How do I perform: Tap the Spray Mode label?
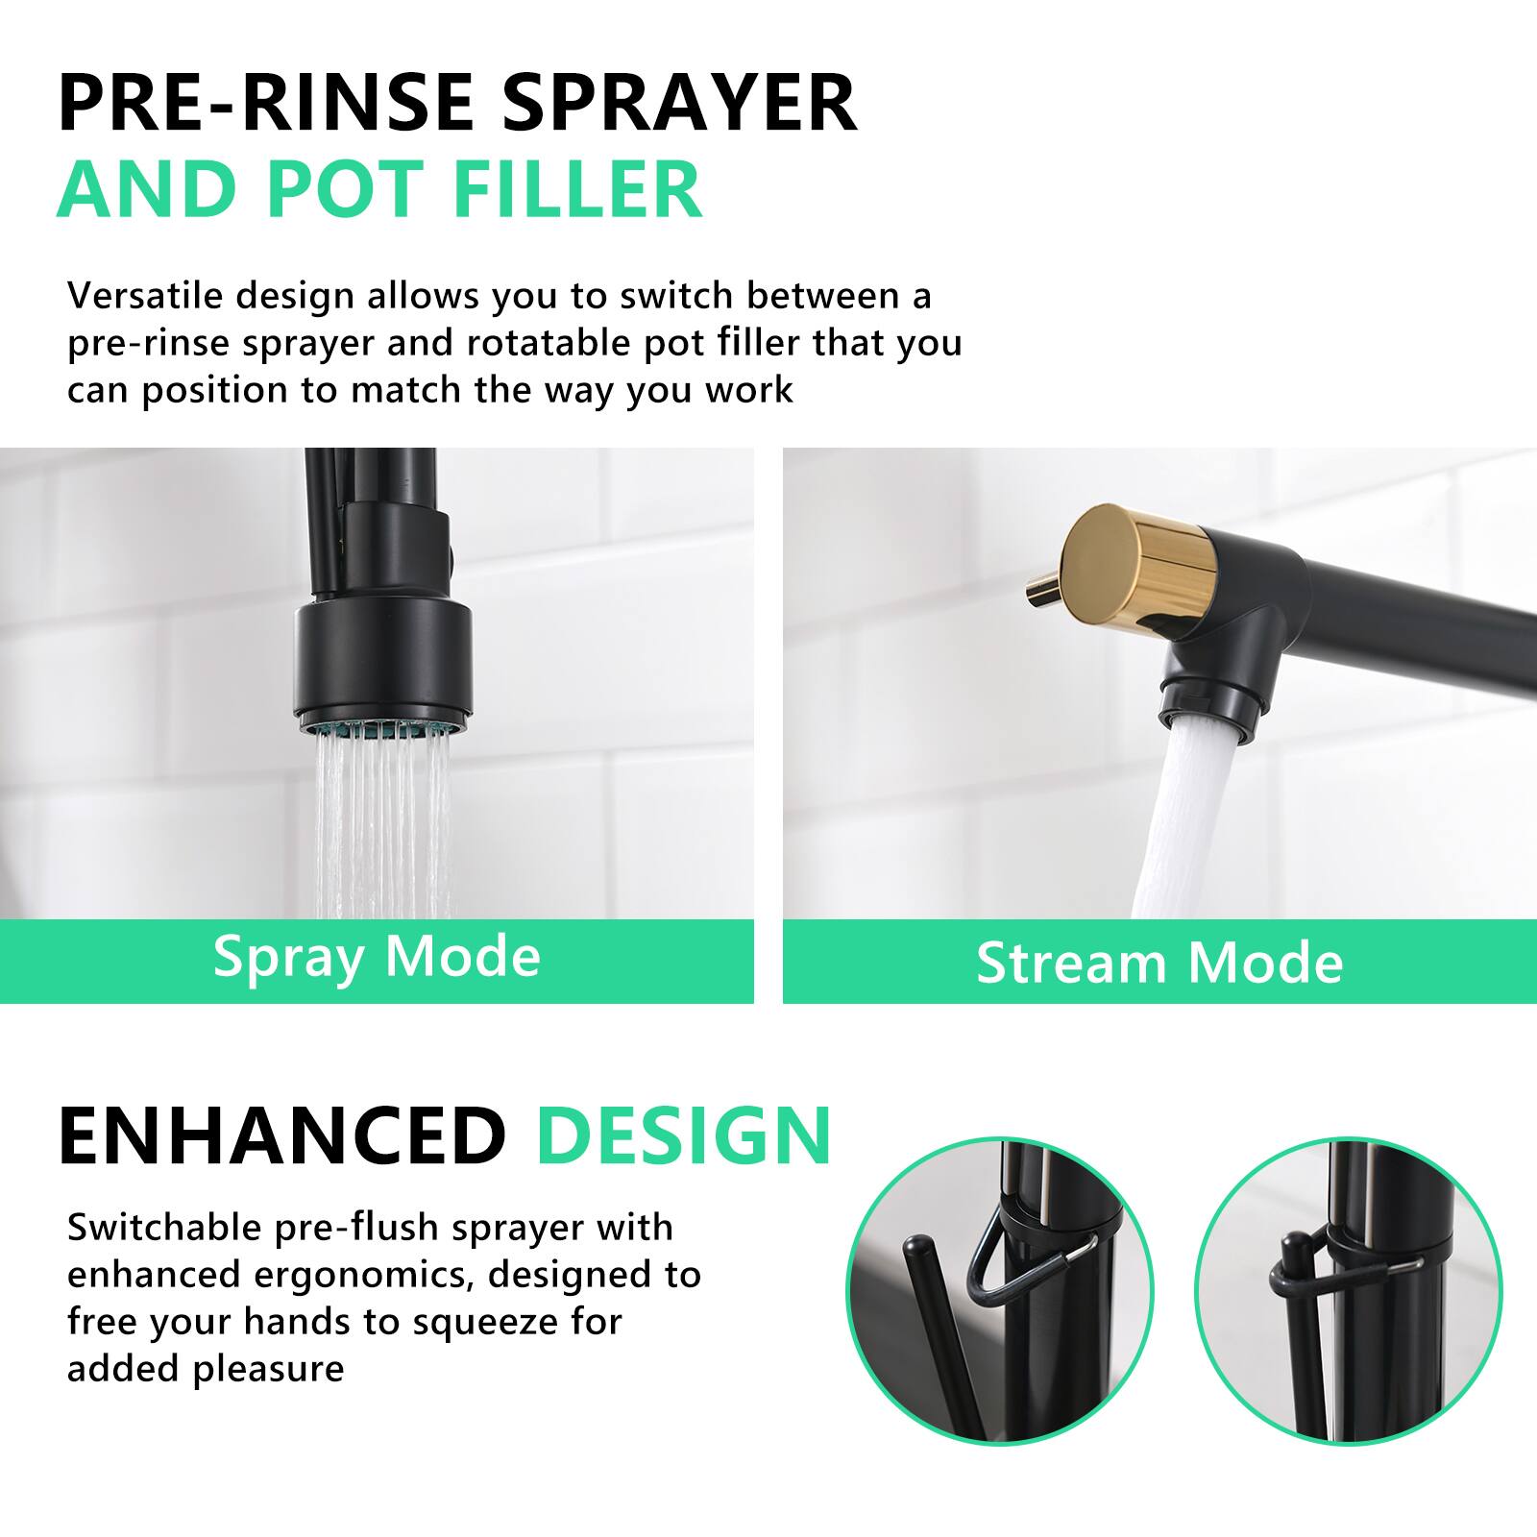pyautogui.click(x=377, y=957)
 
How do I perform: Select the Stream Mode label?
pyautogui.click(x=1159, y=963)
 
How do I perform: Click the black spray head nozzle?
pyautogui.click(x=382, y=663)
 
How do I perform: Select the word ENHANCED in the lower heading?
pyautogui.click(x=281, y=1135)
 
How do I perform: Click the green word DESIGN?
pyautogui.click(x=683, y=1135)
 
